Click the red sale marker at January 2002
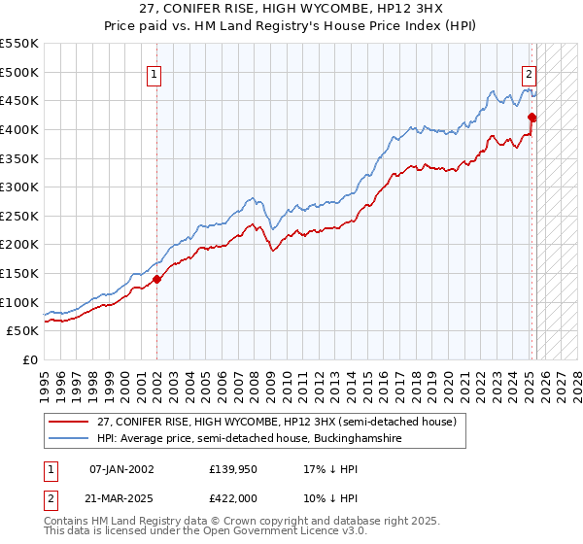(156, 280)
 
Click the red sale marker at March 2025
(532, 118)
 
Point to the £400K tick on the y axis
(19, 129)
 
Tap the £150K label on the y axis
(19, 273)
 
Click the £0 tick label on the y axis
(29, 359)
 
